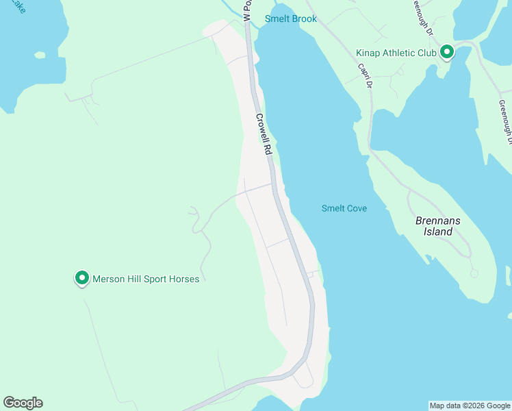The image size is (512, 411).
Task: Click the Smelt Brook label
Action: [x=291, y=18]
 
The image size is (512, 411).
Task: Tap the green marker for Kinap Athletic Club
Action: [x=447, y=51]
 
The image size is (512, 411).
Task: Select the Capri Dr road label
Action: [x=365, y=75]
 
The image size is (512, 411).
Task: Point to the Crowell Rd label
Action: [x=264, y=134]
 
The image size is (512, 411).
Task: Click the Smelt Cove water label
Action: [x=344, y=208]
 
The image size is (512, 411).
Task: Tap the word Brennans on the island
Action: [x=435, y=221]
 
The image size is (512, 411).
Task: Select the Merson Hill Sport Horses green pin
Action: [x=82, y=277]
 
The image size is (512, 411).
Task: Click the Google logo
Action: [x=23, y=403]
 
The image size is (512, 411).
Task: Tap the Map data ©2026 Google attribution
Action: [x=470, y=406]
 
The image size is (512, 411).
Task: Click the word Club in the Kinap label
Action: [x=427, y=53]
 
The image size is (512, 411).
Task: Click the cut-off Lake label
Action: [x=17, y=7]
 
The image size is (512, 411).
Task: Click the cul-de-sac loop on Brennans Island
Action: [x=474, y=273]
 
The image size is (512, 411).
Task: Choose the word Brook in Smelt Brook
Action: [x=304, y=18]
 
